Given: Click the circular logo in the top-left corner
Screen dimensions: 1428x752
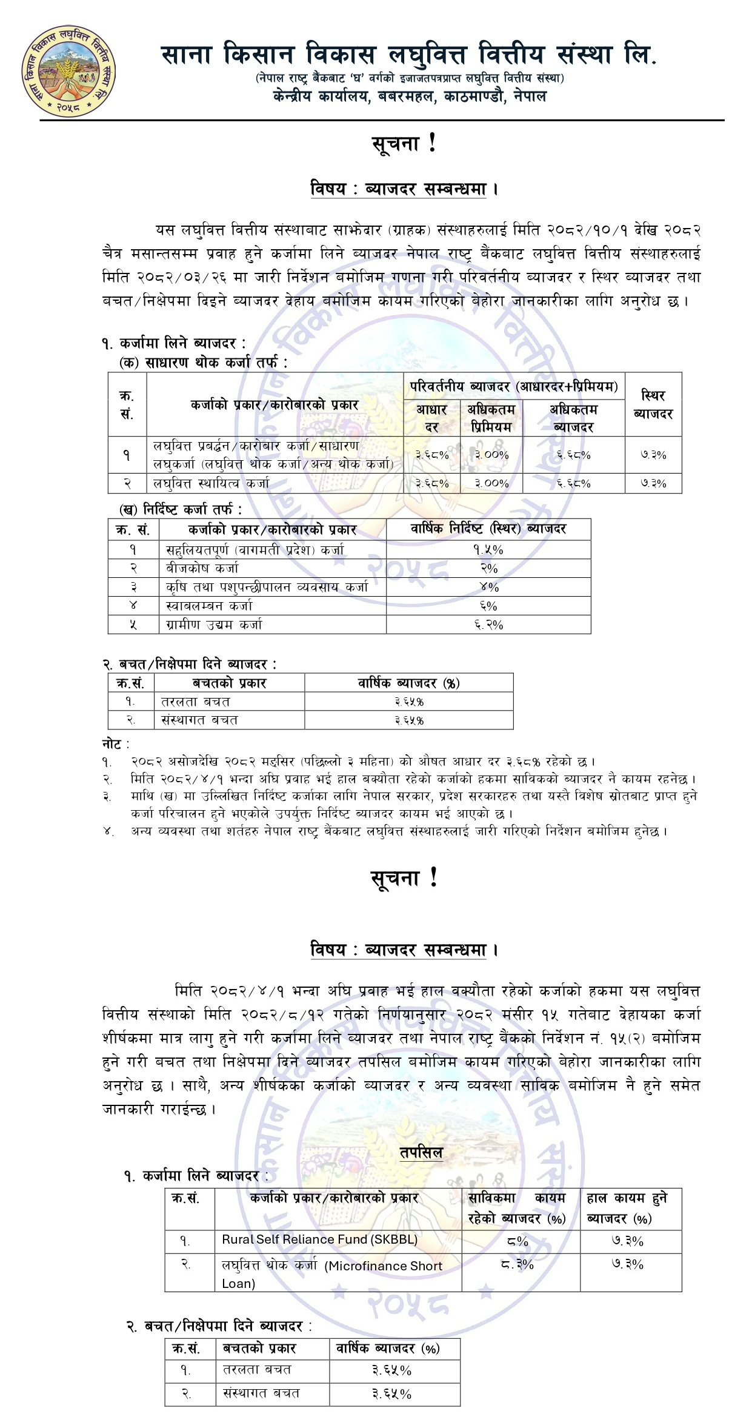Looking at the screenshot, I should pyautogui.click(x=68, y=71).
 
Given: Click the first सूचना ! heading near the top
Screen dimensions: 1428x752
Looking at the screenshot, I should pyautogui.click(x=404, y=144).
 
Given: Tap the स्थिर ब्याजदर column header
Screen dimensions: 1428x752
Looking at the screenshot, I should pyautogui.click(x=653, y=404).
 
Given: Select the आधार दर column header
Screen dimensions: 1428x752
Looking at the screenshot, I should pyautogui.click(x=431, y=418).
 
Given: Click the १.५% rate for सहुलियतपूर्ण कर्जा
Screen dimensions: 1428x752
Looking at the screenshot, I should pyautogui.click(x=488, y=549).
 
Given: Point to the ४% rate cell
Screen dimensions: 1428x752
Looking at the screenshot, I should pyautogui.click(x=488, y=587).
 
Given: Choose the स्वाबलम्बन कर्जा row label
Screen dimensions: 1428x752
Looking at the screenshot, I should pyautogui.click(x=209, y=606).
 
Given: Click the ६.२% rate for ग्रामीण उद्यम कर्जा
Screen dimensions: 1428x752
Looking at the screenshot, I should pyautogui.click(x=488, y=625).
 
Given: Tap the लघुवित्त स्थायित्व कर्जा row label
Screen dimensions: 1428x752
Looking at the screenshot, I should pyautogui.click(x=211, y=483).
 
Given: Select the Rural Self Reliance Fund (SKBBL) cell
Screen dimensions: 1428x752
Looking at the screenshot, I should pyautogui.click(x=319, y=1239).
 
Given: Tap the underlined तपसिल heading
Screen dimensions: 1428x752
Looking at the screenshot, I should pyautogui.click(x=421, y=1153).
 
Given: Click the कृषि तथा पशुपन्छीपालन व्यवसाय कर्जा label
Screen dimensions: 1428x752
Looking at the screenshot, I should pyautogui.click(x=267, y=587).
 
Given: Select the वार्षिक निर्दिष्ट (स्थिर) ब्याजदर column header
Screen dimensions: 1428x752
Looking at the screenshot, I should pyautogui.click(x=488, y=529).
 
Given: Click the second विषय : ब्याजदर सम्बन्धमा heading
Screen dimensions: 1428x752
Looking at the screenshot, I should pyautogui.click(x=404, y=950).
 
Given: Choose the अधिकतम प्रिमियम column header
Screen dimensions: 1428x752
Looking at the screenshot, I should pyautogui.click(x=491, y=418).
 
